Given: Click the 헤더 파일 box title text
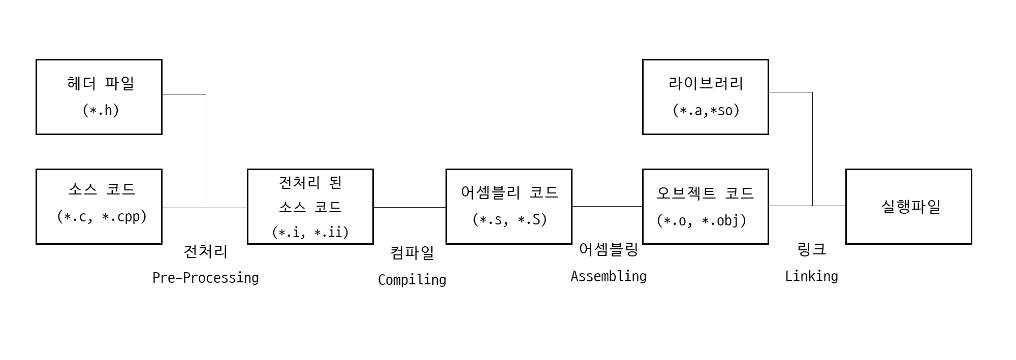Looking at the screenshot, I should [101, 83].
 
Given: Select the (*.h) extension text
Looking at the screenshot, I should [101, 110].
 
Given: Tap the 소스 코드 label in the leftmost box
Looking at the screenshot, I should [102, 189].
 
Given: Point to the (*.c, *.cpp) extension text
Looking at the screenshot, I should [102, 216].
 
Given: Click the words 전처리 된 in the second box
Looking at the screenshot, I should [310, 182].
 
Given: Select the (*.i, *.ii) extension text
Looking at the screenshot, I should [310, 232].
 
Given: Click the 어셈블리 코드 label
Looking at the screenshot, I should [509, 192].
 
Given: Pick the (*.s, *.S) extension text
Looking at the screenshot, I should [509, 219].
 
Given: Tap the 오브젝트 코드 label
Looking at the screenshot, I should [705, 193].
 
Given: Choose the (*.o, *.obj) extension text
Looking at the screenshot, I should [702, 220].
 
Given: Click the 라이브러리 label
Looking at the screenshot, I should [706, 83].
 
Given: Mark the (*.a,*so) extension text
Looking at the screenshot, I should [706, 110].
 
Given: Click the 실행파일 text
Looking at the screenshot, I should [910, 207].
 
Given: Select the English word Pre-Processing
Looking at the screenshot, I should [205, 278].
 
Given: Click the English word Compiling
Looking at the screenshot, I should [412, 280].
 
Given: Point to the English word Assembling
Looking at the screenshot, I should [608, 276].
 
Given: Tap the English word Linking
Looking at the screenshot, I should [811, 276].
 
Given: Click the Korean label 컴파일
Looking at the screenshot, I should [412, 252].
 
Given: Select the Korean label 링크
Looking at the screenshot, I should [811, 249].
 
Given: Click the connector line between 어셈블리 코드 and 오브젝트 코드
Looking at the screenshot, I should [607, 206].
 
